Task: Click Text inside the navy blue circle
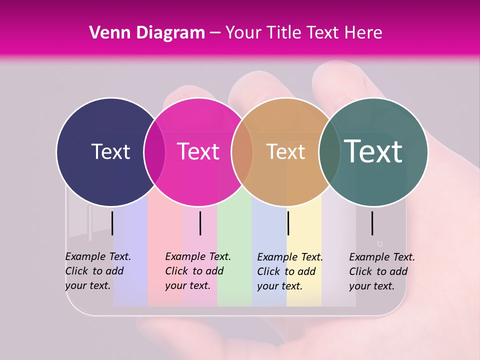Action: tap(110, 151)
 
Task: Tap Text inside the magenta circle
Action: tap(198, 151)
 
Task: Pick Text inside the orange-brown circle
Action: tap(285, 151)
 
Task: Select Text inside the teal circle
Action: tap(373, 151)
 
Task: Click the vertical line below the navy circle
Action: tap(112, 223)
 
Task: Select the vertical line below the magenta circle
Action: tap(200, 223)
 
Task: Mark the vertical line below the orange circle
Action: tap(288, 223)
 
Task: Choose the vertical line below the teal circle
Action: tap(372, 223)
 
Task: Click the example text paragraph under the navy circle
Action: tap(97, 271)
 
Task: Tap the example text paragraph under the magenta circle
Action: tap(197, 271)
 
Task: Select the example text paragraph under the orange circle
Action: tap(289, 271)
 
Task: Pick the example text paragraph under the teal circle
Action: tap(381, 271)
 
